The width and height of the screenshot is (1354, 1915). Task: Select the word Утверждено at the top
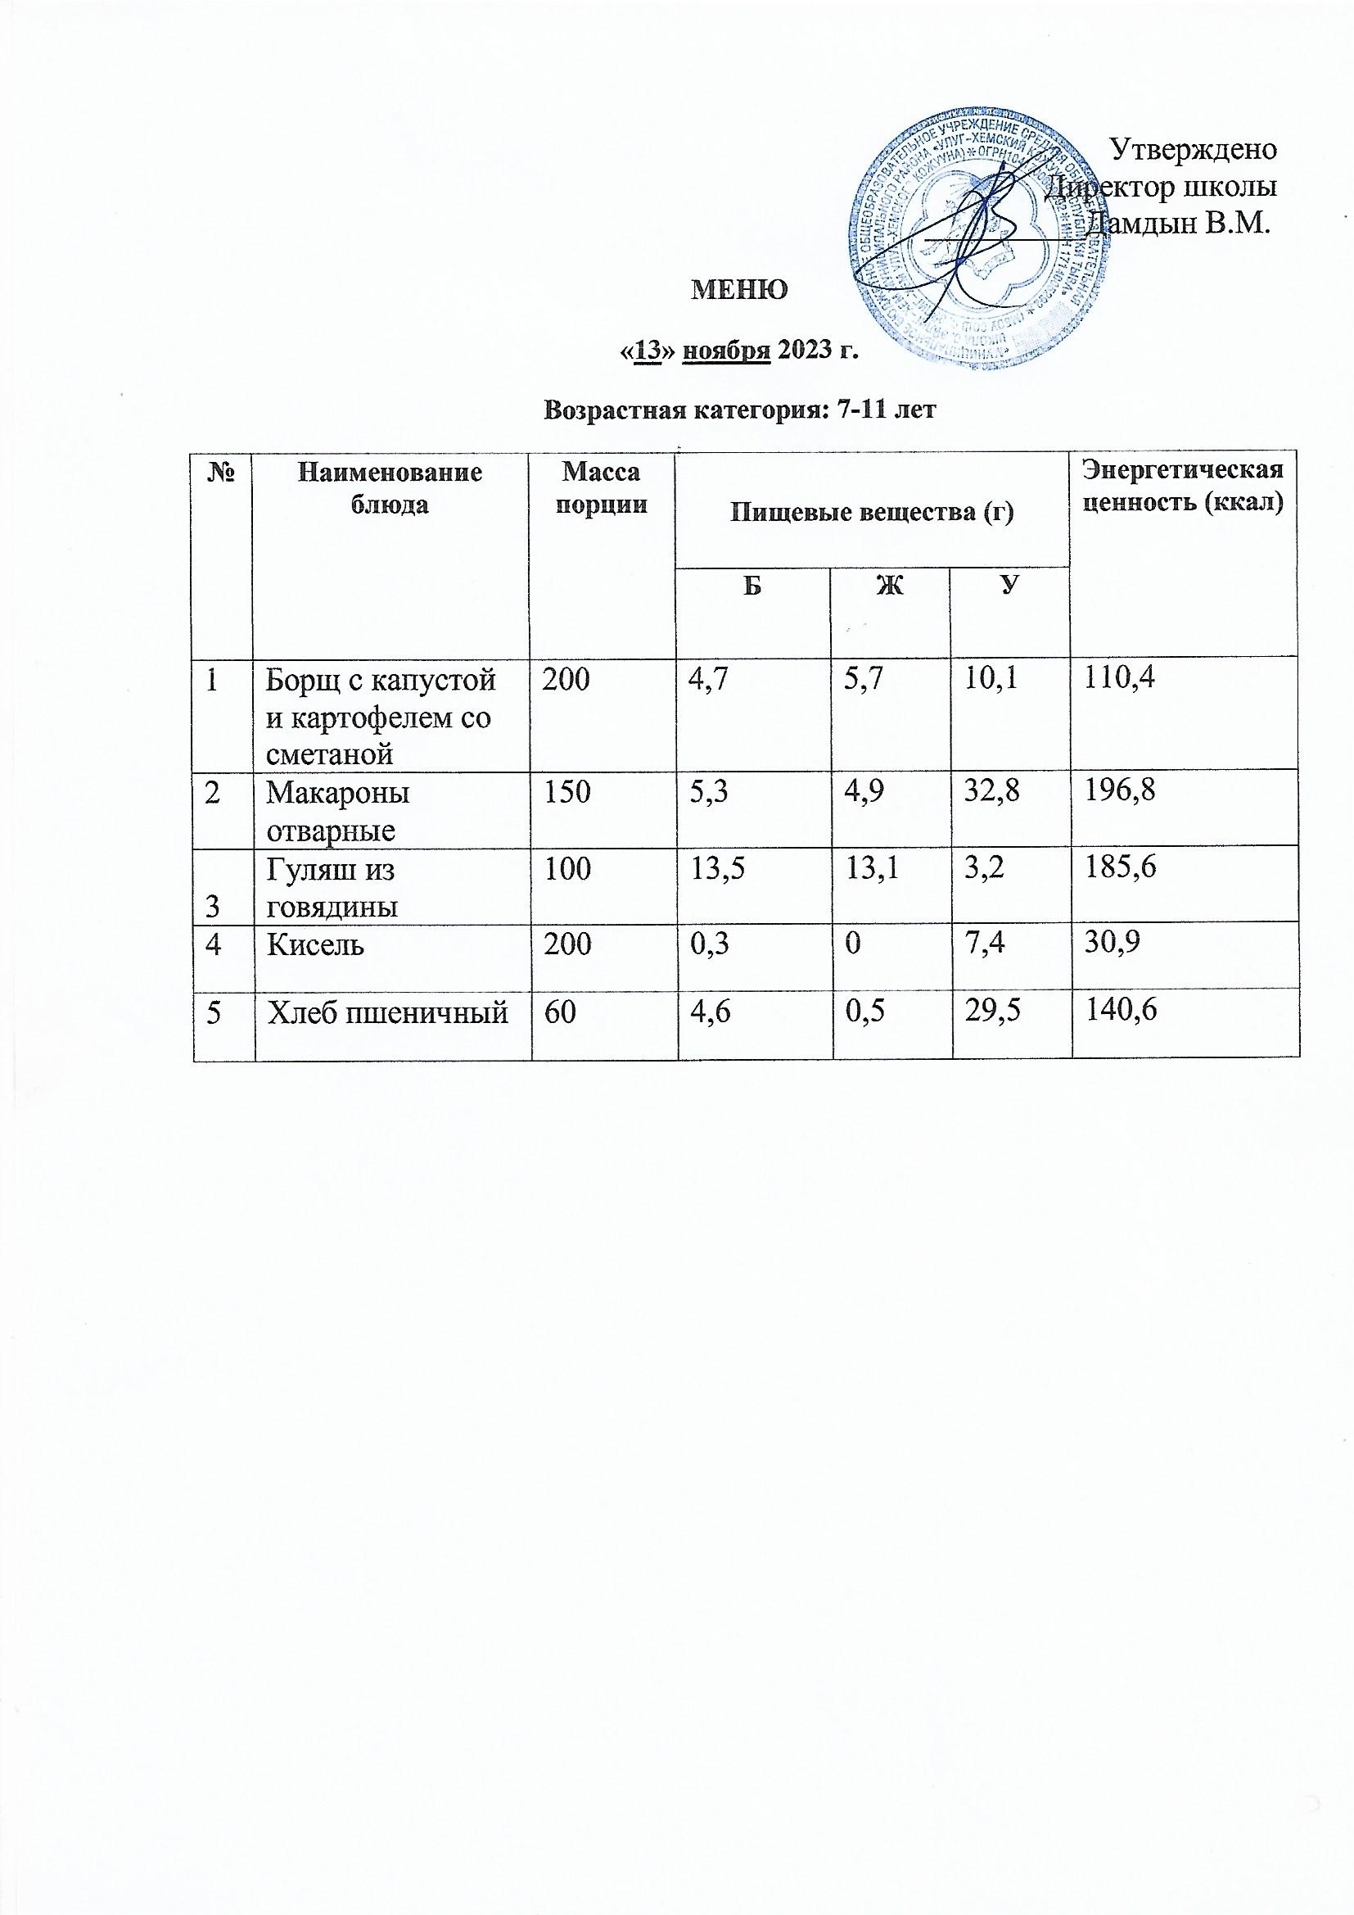click(1194, 149)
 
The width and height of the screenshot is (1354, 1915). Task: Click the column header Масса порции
click(602, 490)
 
